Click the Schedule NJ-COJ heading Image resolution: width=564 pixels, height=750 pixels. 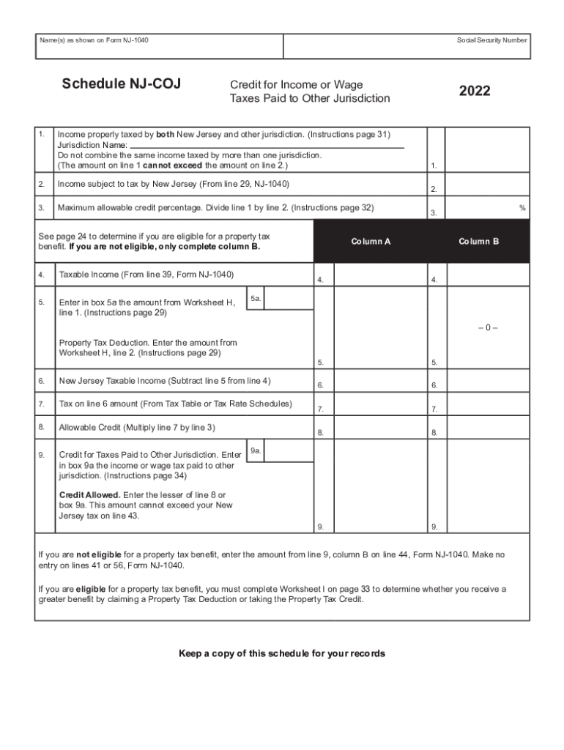(121, 84)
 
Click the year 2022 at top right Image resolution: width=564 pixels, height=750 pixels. (475, 92)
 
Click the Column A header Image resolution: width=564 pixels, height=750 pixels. (371, 241)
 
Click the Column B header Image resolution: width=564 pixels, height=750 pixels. (478, 241)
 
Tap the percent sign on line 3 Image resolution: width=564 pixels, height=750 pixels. (522, 208)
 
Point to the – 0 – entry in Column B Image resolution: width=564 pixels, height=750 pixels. (487, 327)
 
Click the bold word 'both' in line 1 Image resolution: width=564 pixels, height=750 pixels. (166, 135)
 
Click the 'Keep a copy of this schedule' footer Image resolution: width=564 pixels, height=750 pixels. (282, 653)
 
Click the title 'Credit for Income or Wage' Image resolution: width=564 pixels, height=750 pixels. (296, 85)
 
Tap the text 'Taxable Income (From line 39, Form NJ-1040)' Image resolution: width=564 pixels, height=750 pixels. (146, 275)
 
